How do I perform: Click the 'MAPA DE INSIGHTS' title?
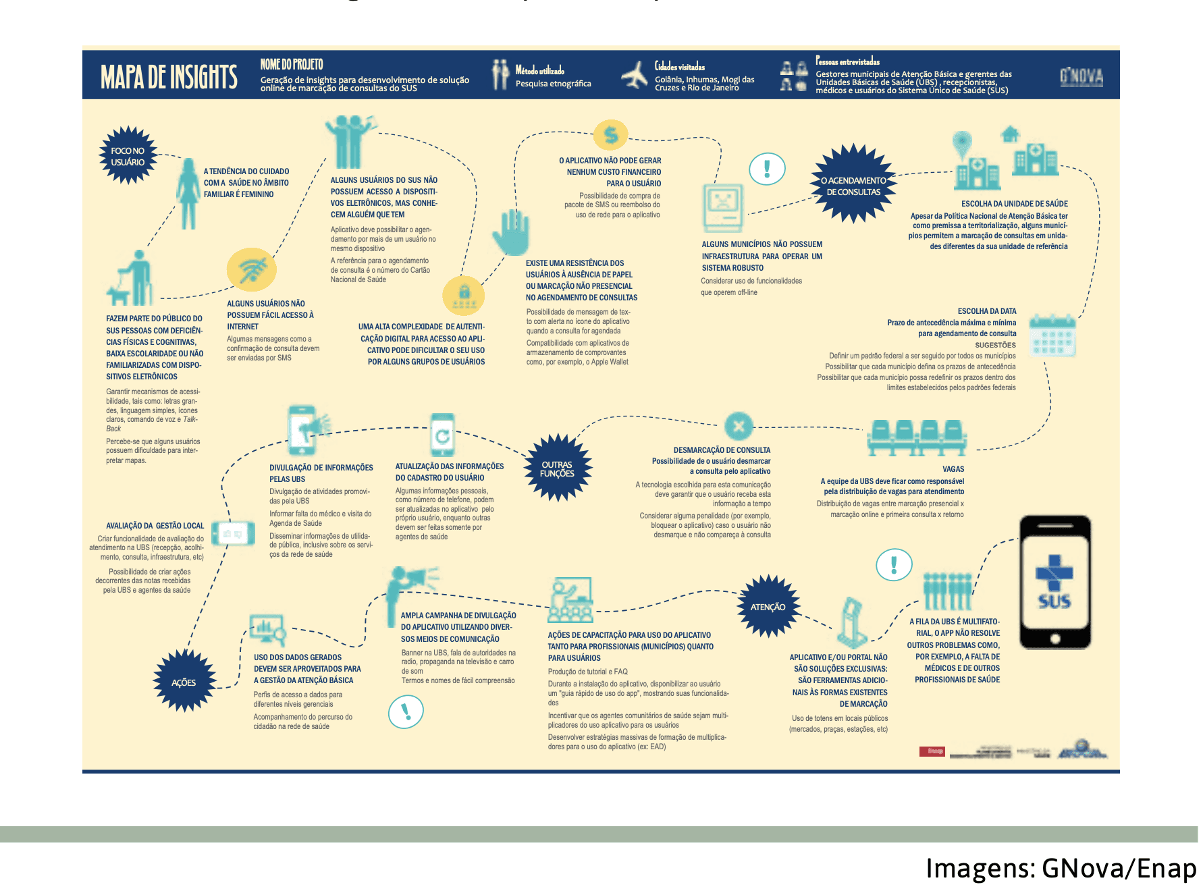pos(169,77)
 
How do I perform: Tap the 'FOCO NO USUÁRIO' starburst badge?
pos(128,156)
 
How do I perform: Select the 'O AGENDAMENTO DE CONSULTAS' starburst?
pos(853,185)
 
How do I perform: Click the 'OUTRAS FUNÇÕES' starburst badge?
pos(558,468)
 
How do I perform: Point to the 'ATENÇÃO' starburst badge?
pos(768,607)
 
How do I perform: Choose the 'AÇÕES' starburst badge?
pos(184,682)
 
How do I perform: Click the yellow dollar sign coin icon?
pos(611,135)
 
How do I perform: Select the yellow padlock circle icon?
pos(464,296)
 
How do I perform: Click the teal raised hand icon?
pos(511,232)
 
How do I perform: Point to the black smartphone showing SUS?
pos(1054,582)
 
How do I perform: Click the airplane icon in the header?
pos(634,75)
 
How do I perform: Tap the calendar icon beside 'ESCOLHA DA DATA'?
pos(1052,335)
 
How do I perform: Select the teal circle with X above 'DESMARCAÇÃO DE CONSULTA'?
pos(739,426)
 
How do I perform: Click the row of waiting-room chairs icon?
pos(917,437)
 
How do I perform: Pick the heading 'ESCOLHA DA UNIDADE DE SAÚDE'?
pos(1014,203)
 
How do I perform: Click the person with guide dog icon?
pos(130,278)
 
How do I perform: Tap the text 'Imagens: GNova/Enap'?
pos(1061,867)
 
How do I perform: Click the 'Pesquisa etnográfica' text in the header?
pos(553,84)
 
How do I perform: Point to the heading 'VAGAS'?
pos(953,468)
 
